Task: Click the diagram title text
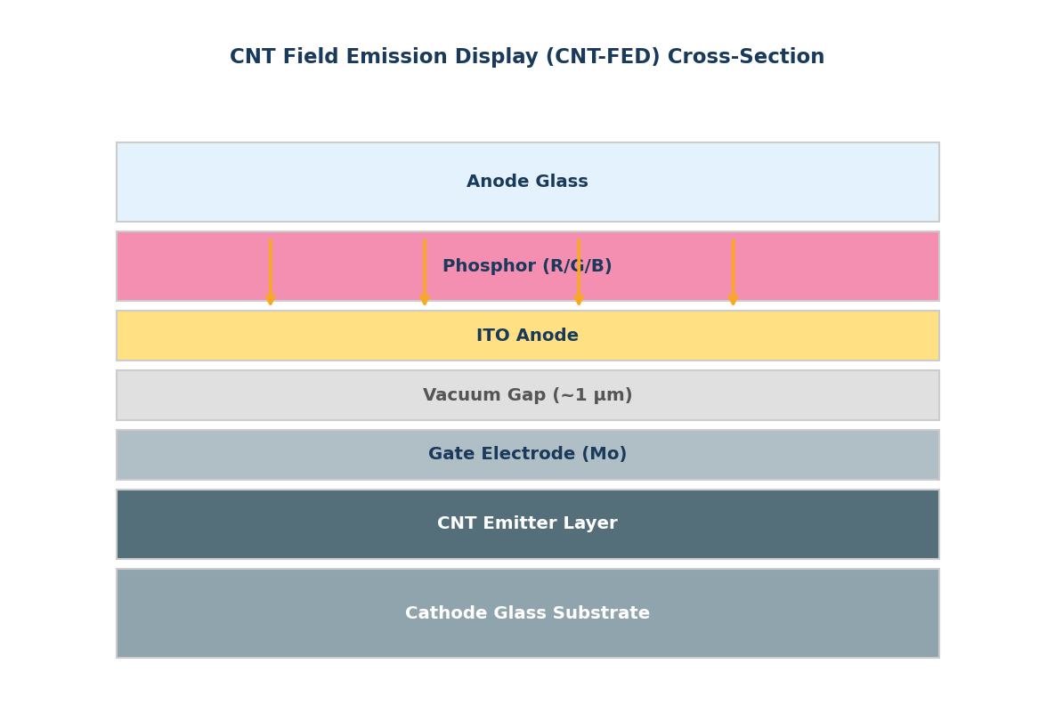coord(527,57)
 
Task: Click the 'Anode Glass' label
coord(527,182)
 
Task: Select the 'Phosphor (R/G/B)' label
coord(527,266)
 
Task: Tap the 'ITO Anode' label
coord(527,336)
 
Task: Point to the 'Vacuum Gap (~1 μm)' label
coord(527,395)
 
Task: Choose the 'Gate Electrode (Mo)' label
coord(527,455)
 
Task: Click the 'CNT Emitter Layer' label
coord(527,523)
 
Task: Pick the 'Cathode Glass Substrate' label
coord(527,613)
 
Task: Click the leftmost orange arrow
coord(270,271)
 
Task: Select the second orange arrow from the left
coord(425,271)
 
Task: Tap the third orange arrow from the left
coord(579,271)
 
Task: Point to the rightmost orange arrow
coord(733,271)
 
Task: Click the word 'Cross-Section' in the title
coord(746,57)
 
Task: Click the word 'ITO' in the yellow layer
coord(492,336)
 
